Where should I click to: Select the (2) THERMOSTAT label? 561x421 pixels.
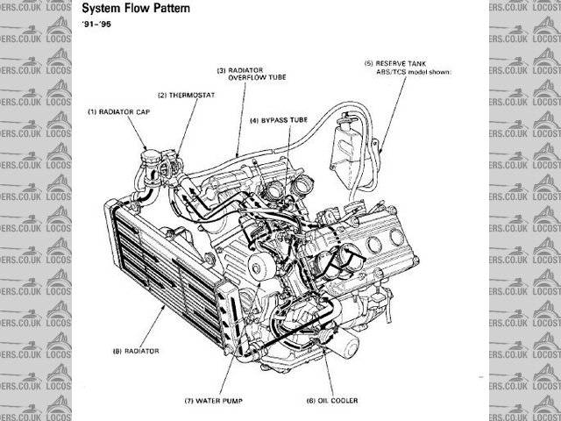pos(186,95)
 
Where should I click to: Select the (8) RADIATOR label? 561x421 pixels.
pos(135,351)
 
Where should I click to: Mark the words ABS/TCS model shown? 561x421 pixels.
pos(414,74)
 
